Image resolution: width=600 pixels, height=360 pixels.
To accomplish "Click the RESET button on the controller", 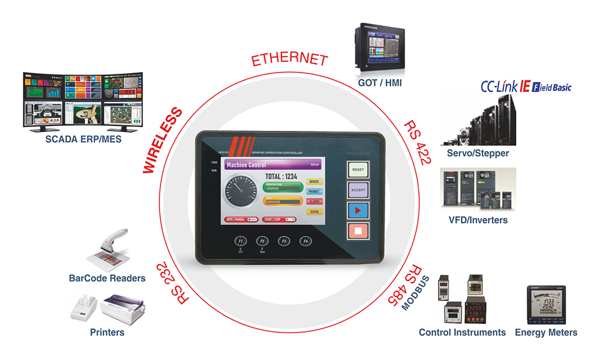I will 358,170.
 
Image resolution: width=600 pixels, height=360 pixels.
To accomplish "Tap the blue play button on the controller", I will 358,211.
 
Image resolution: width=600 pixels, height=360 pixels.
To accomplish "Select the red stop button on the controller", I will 358,231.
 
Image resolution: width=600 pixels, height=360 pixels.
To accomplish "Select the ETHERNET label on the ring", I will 290,59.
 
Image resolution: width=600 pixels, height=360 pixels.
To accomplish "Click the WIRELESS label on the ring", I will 163,139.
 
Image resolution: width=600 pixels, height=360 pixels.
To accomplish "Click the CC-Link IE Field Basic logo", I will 526,88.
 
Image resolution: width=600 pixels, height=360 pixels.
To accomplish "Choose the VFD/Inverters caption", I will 478,220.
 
